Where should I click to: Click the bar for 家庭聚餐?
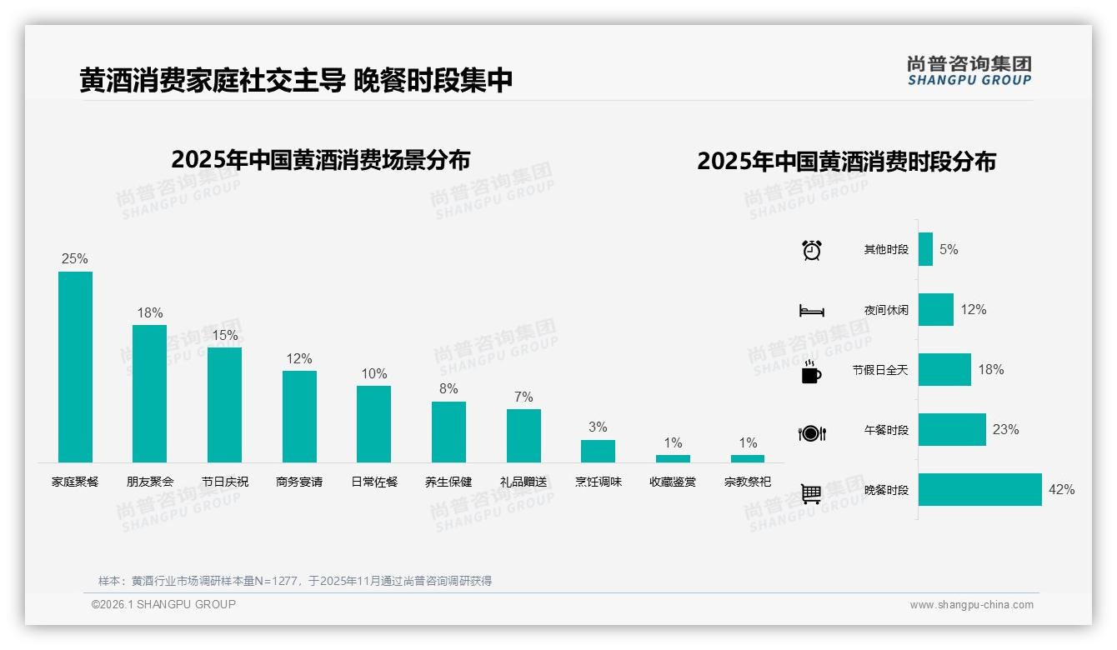(75, 367)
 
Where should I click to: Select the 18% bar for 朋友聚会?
(150, 393)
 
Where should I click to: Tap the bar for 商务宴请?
(299, 416)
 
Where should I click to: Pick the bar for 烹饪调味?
(598, 451)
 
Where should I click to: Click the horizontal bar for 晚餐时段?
(979, 489)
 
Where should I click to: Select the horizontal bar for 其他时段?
(925, 249)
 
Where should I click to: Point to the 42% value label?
(1061, 490)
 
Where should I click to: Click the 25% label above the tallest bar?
(74, 259)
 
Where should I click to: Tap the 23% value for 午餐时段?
(1005, 430)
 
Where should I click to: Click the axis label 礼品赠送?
(523, 482)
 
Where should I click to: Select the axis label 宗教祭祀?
(748, 482)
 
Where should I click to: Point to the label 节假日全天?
(880, 370)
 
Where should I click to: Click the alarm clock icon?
(811, 250)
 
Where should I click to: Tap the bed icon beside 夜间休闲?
(811, 311)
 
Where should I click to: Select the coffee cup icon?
(811, 372)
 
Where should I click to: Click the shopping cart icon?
(811, 493)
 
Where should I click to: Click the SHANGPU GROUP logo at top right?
(969, 71)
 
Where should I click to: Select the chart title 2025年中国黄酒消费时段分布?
(846, 162)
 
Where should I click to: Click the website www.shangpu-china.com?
(971, 605)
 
